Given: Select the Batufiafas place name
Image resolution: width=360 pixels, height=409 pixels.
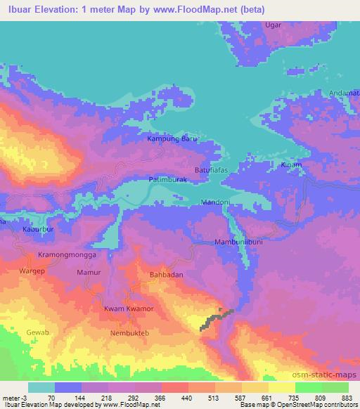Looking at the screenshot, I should point(213,170).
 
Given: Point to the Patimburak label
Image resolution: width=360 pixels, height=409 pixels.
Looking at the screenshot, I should point(168,181).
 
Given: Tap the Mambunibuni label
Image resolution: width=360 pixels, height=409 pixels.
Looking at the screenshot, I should point(238,243).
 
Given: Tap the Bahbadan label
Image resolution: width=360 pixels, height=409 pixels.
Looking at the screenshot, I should point(167,275).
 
